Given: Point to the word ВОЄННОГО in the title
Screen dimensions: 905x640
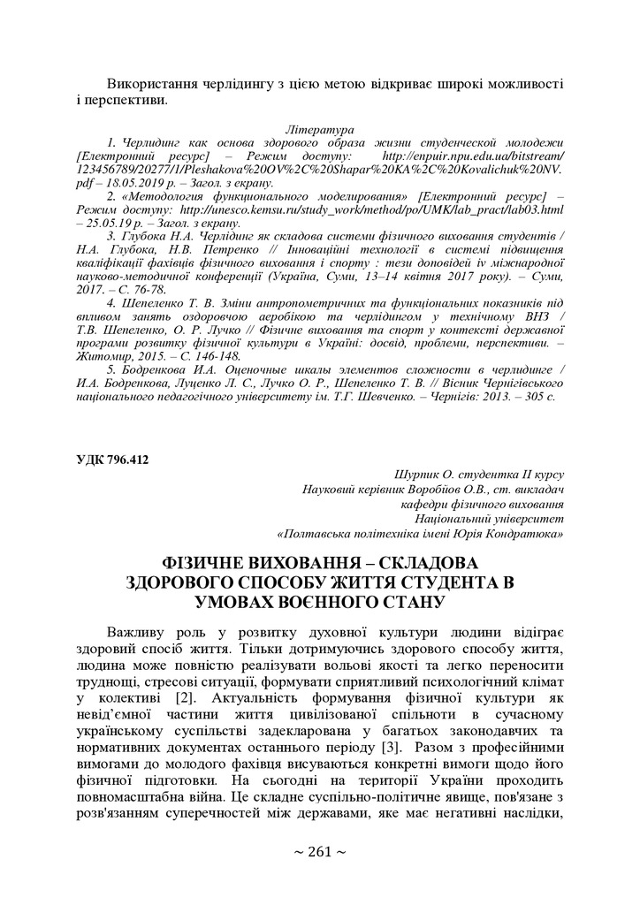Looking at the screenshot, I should coord(324,602).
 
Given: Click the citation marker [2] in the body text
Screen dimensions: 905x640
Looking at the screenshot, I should coord(184,699).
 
